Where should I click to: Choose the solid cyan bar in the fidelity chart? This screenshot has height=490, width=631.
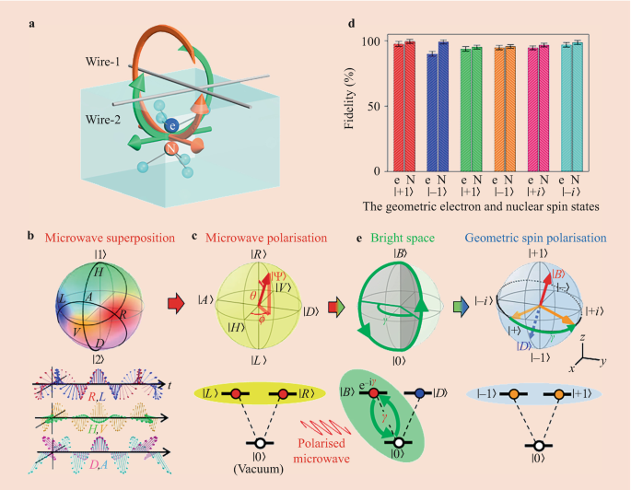567,107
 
